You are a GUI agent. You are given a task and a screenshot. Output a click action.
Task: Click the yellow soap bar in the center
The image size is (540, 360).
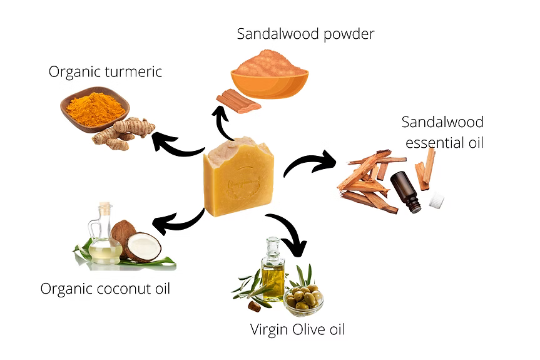(239, 182)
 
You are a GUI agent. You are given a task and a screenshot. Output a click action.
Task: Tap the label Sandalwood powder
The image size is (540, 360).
(305, 34)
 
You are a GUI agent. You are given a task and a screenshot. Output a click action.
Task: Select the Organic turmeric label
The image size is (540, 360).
(105, 71)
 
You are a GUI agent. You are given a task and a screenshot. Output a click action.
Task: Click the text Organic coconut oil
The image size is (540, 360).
(105, 289)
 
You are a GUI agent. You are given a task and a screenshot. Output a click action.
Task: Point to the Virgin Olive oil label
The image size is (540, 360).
(297, 329)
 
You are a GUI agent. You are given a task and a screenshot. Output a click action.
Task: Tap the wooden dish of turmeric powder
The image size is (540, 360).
(94, 110)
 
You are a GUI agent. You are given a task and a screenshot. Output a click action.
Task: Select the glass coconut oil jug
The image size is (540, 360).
(103, 238)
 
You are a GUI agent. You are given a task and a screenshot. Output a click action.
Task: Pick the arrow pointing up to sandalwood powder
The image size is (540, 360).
(223, 122)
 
